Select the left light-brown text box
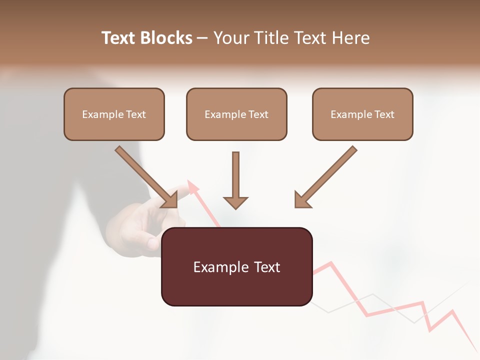114,114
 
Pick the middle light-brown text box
236,114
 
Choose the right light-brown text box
362,114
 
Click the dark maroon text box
236,266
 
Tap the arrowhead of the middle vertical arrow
235,202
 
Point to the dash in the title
202,38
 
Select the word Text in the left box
136,114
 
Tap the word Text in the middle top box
258,114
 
